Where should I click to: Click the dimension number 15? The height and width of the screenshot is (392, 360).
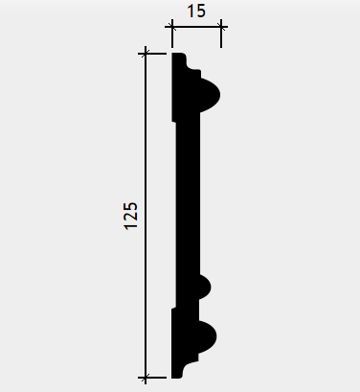point(196,12)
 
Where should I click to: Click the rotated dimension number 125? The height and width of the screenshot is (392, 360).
point(131,216)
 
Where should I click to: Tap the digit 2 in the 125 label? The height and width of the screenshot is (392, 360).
point(131,216)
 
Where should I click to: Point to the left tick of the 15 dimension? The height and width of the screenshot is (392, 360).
point(172,27)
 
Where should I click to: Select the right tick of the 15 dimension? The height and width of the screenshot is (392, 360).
point(221,27)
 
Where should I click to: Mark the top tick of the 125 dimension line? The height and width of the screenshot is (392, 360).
point(146,54)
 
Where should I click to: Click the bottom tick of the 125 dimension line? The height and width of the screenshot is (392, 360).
point(146,378)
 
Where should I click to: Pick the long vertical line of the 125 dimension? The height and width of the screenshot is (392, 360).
point(146,216)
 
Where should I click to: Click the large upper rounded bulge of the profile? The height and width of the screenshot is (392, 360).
point(211,95)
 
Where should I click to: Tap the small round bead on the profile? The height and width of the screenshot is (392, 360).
point(205,287)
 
